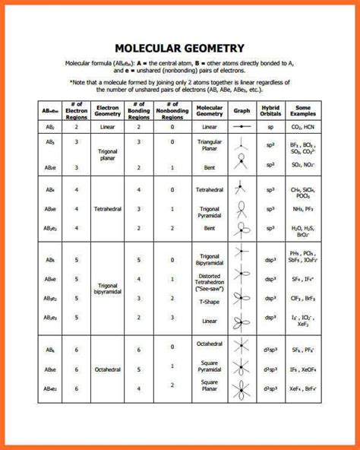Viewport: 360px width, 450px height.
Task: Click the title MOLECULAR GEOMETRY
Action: (x=179, y=48)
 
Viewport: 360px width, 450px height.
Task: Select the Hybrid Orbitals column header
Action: (x=270, y=110)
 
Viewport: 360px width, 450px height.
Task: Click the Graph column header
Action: (x=242, y=110)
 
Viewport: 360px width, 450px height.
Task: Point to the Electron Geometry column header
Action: (x=108, y=110)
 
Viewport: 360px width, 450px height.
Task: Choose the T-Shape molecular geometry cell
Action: (x=210, y=301)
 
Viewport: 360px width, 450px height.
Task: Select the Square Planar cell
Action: (x=210, y=387)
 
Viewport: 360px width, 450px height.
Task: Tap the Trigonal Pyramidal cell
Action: (x=210, y=211)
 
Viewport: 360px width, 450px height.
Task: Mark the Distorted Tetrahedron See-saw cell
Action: (x=210, y=281)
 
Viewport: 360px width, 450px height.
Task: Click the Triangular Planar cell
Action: (x=210, y=145)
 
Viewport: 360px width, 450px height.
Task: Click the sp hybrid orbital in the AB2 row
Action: (x=270, y=127)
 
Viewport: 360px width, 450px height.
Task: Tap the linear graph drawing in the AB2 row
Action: (x=242, y=127)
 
